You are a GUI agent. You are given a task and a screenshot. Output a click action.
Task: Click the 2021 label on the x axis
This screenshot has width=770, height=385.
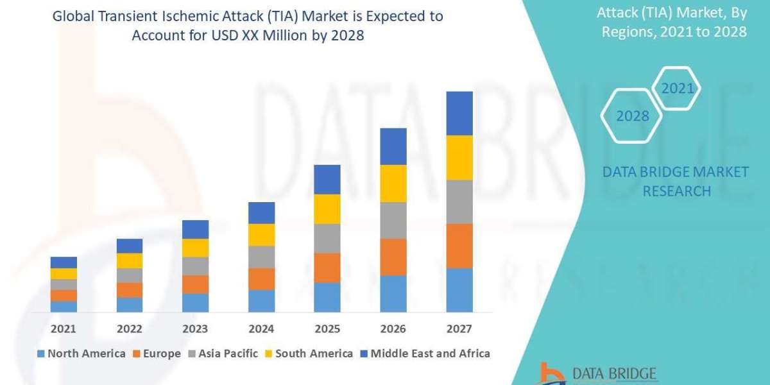(64, 329)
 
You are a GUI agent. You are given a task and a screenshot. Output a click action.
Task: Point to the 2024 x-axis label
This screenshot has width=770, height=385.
(261, 329)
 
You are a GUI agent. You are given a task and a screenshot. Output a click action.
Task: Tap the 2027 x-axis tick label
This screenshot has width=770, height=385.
(459, 329)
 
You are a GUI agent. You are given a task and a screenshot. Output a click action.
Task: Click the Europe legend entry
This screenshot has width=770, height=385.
(157, 354)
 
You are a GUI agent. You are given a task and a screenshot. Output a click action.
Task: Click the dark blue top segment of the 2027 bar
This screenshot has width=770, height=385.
(459, 113)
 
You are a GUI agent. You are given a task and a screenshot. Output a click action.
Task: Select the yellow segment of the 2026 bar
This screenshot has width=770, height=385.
(393, 184)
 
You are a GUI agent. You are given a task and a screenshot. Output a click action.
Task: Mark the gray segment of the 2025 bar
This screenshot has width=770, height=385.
(327, 238)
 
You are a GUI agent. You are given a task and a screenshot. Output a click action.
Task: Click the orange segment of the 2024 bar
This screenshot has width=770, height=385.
(261, 278)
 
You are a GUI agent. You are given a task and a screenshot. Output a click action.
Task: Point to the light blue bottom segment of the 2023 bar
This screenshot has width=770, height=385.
(195, 303)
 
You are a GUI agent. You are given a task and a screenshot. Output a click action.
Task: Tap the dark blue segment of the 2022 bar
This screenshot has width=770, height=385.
(130, 246)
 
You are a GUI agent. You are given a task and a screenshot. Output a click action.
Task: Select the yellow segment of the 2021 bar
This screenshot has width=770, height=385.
(64, 273)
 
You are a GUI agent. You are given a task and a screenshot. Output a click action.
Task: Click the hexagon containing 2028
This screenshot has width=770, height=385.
(632, 116)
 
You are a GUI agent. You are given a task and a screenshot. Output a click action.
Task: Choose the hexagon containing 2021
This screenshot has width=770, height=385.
(678, 89)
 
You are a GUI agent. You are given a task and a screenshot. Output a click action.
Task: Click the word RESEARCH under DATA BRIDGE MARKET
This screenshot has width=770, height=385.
(676, 191)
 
